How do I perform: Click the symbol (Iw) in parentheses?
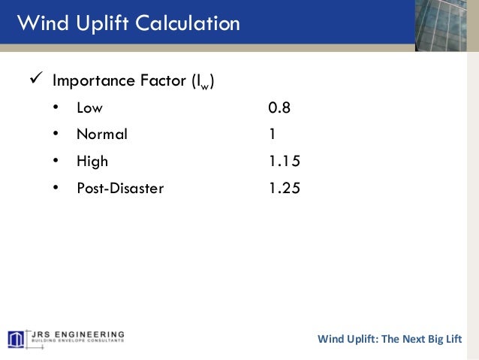(x=203, y=81)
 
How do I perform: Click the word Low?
(x=89, y=108)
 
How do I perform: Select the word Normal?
(x=102, y=135)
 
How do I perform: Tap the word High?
(x=92, y=162)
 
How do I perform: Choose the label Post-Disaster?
(x=120, y=189)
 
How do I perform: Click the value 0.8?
(x=279, y=108)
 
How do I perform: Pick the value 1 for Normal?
(x=273, y=135)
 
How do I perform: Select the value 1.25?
(x=285, y=189)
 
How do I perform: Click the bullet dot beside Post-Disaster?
(x=56, y=189)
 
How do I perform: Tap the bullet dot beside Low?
(x=56, y=108)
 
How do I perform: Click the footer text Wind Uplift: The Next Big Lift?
(x=390, y=338)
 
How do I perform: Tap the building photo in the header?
(x=446, y=26)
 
